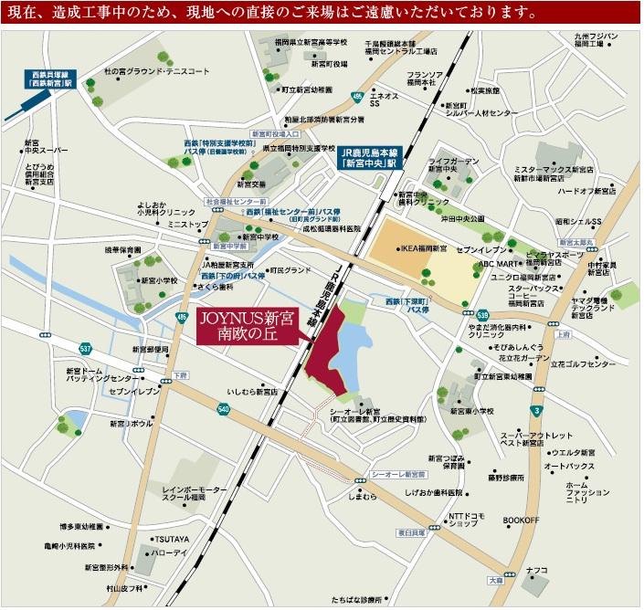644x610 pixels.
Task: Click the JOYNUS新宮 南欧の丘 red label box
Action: coord(244,327)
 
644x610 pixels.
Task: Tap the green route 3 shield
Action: coord(535,412)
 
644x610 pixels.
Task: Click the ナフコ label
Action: coord(536,570)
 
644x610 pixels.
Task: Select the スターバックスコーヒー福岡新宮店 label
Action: coord(508,298)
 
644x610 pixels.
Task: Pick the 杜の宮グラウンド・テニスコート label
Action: coord(157,70)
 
